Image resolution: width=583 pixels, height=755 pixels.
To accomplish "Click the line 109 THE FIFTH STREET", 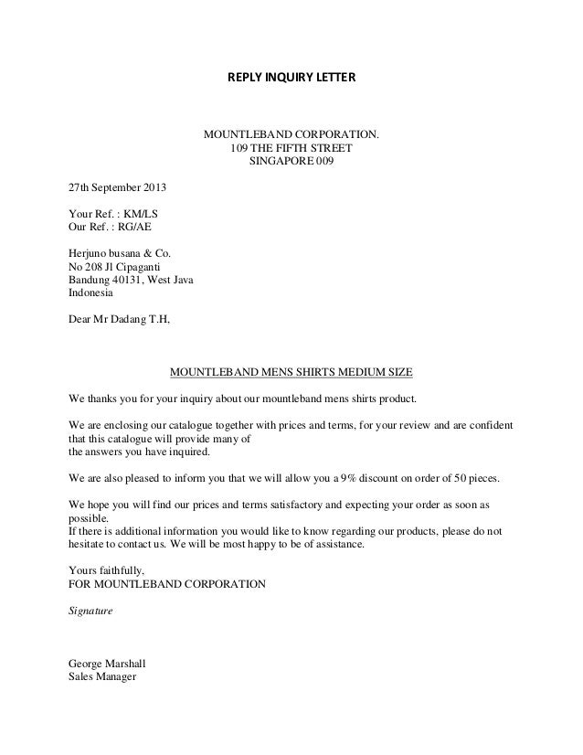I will click(291, 150).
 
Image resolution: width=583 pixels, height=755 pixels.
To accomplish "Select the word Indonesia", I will click(96, 293).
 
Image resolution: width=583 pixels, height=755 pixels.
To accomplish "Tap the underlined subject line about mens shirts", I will click(291, 373).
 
